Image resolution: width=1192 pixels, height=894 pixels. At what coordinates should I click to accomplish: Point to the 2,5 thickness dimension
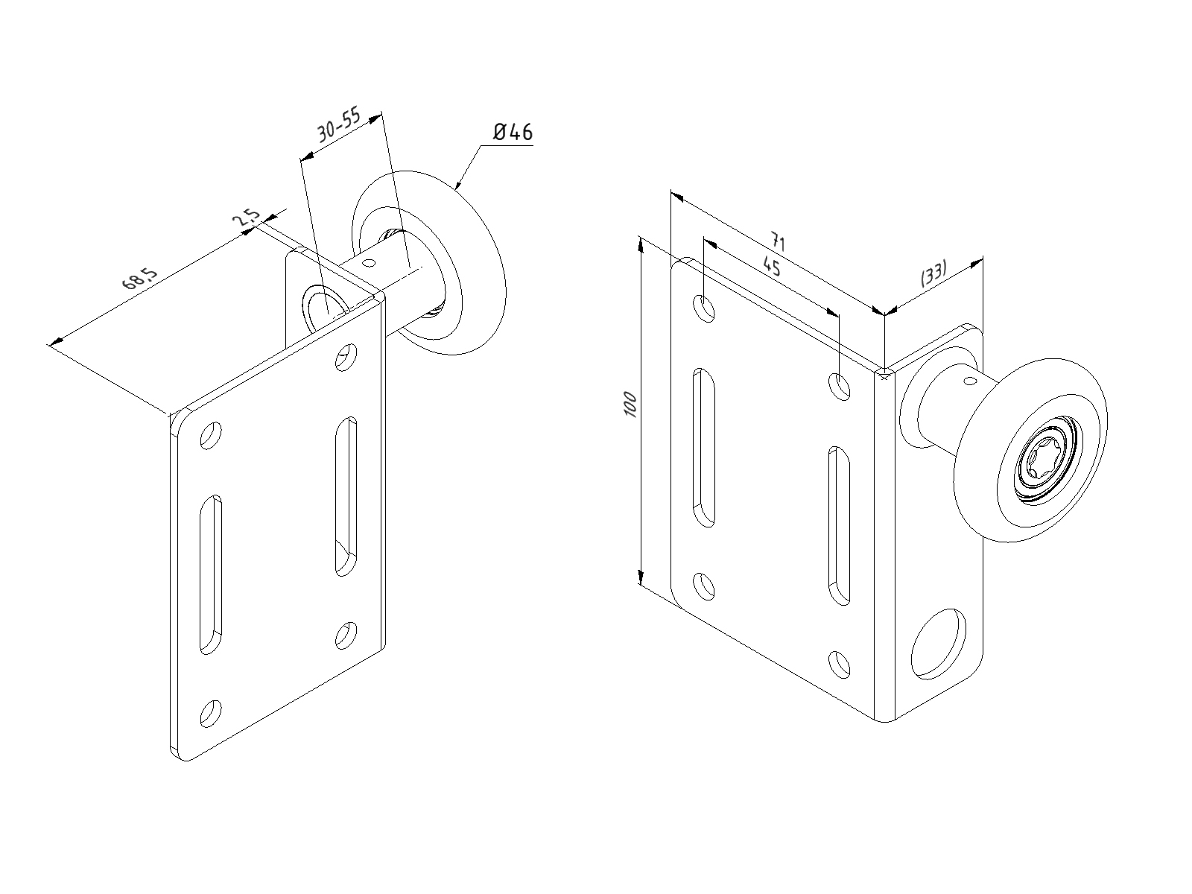246,219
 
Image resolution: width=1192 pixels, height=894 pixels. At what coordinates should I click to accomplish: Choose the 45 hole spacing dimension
772,266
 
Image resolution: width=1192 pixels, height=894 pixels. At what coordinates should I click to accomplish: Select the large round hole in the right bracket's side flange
939,644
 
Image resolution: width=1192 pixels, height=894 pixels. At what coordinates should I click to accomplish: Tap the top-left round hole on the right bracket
704,308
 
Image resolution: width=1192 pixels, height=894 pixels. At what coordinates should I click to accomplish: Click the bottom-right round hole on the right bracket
840,664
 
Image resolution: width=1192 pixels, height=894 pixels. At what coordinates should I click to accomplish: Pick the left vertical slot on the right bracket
704,447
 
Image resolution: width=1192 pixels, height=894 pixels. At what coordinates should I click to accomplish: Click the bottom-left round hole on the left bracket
211,713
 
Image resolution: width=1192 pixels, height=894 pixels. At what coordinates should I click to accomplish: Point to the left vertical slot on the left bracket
210,574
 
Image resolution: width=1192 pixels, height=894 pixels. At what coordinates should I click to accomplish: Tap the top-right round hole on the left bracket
345,357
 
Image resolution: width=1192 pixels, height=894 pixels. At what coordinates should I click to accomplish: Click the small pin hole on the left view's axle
370,262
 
